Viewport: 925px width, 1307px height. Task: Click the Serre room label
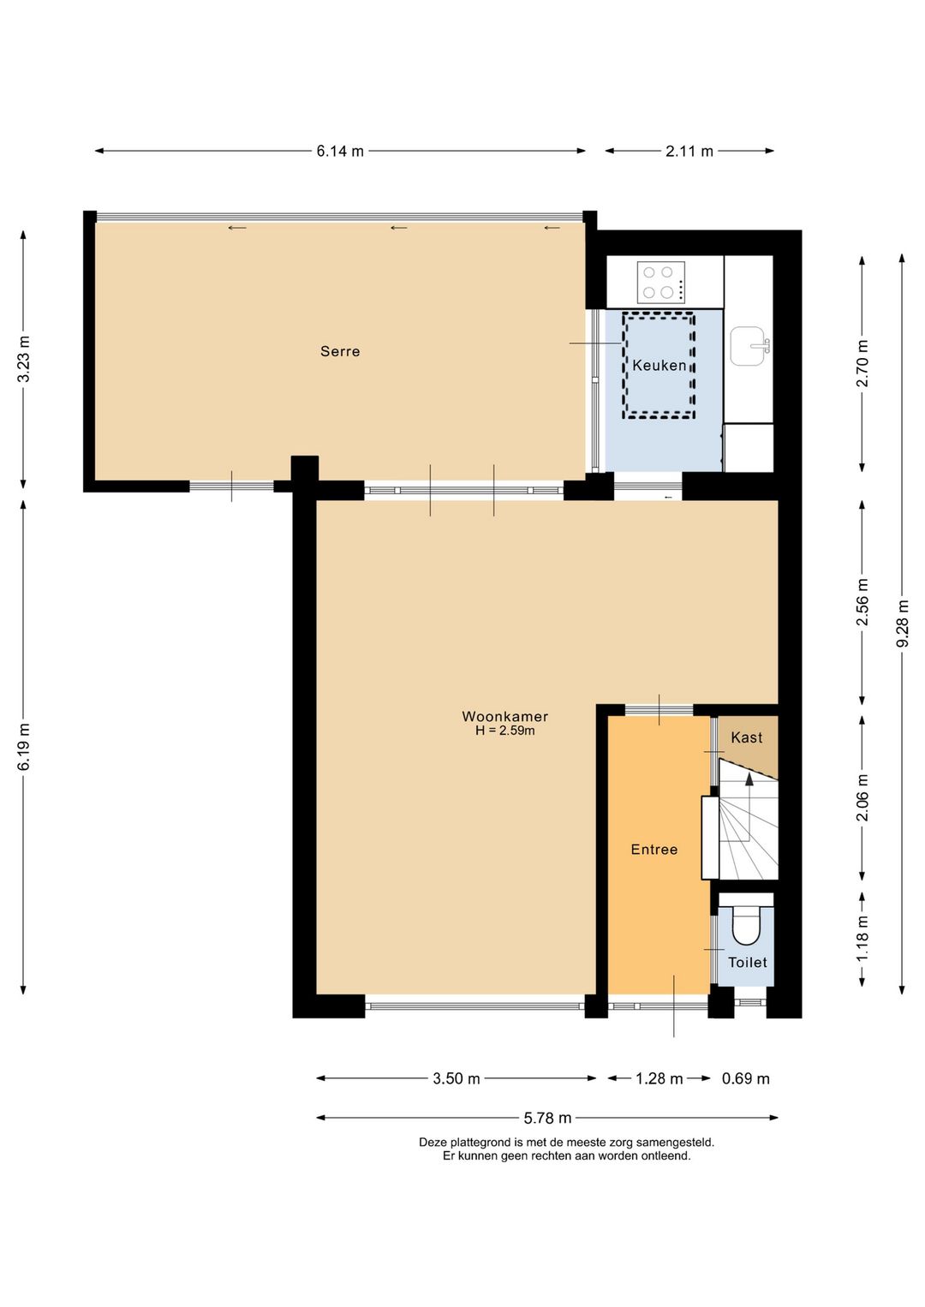(340, 351)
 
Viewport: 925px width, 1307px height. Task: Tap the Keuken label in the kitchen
(659, 365)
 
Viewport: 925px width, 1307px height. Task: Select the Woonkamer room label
(504, 716)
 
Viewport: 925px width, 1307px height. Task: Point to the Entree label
(654, 850)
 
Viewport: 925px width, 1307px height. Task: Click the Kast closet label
(746, 737)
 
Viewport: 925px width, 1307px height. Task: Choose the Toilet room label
(747, 962)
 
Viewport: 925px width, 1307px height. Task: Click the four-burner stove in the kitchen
(661, 283)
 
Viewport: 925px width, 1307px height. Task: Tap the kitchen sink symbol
(749, 346)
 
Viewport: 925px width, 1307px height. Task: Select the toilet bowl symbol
(745, 925)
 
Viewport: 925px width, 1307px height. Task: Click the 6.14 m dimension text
(340, 151)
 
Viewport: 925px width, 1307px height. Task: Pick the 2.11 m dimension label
(689, 151)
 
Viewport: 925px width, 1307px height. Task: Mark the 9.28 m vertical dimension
(902, 624)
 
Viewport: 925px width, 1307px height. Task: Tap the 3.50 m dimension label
(457, 1079)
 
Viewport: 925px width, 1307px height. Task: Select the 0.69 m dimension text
(745, 1079)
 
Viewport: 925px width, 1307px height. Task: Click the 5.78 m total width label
(547, 1118)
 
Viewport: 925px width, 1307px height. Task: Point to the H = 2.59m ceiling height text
(504, 730)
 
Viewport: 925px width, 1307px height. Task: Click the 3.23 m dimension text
(23, 359)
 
